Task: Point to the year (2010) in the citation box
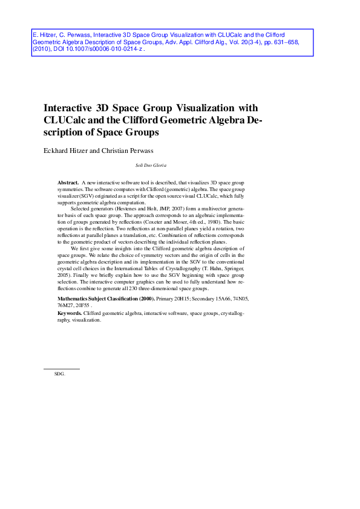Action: click(x=43, y=51)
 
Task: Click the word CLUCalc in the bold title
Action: click(x=68, y=120)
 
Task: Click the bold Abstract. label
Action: click(x=68, y=182)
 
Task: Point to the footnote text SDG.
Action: click(x=59, y=374)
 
